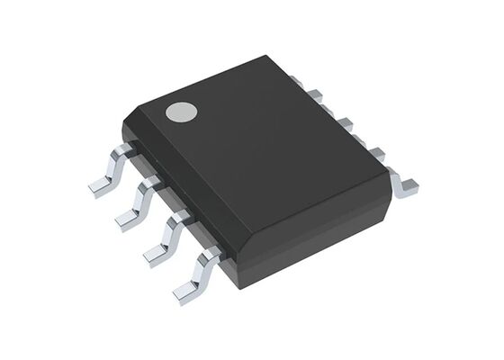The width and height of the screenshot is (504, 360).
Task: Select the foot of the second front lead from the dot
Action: click(x=127, y=220)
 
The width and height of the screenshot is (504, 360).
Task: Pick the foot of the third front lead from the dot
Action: click(x=156, y=256)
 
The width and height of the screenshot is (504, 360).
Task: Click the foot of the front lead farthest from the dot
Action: click(x=185, y=291)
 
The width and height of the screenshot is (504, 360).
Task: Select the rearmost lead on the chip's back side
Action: click(x=316, y=92)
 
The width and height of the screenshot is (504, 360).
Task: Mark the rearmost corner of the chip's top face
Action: click(x=270, y=57)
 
